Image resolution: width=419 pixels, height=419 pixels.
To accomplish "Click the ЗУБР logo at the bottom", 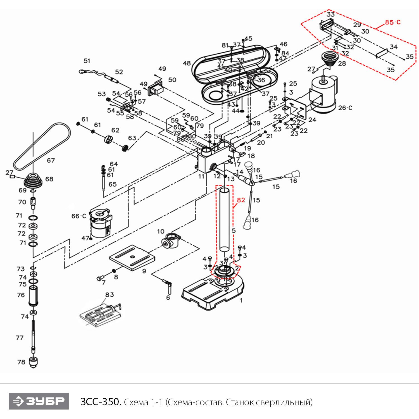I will pos(39,401).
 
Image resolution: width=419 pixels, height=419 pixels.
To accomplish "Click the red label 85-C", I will pos(392,22).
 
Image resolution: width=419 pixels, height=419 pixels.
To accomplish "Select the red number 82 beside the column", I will pos(241,200).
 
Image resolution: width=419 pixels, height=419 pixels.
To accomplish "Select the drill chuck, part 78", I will pos(34,362).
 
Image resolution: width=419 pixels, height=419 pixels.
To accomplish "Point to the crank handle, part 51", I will pos(92,73).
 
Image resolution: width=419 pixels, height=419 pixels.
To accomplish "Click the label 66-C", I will pos(79,216).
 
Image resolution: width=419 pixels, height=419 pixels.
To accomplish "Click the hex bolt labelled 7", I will pos(99,278).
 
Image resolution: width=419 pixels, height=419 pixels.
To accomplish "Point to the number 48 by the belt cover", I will pos(187,63).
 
